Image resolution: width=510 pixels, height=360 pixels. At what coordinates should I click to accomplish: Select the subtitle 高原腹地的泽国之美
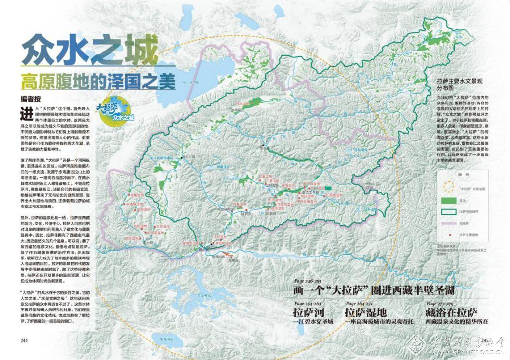pyautogui.click(x=98, y=81)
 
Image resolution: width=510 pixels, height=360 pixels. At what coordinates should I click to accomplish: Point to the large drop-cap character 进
pyautogui.click(x=27, y=113)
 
